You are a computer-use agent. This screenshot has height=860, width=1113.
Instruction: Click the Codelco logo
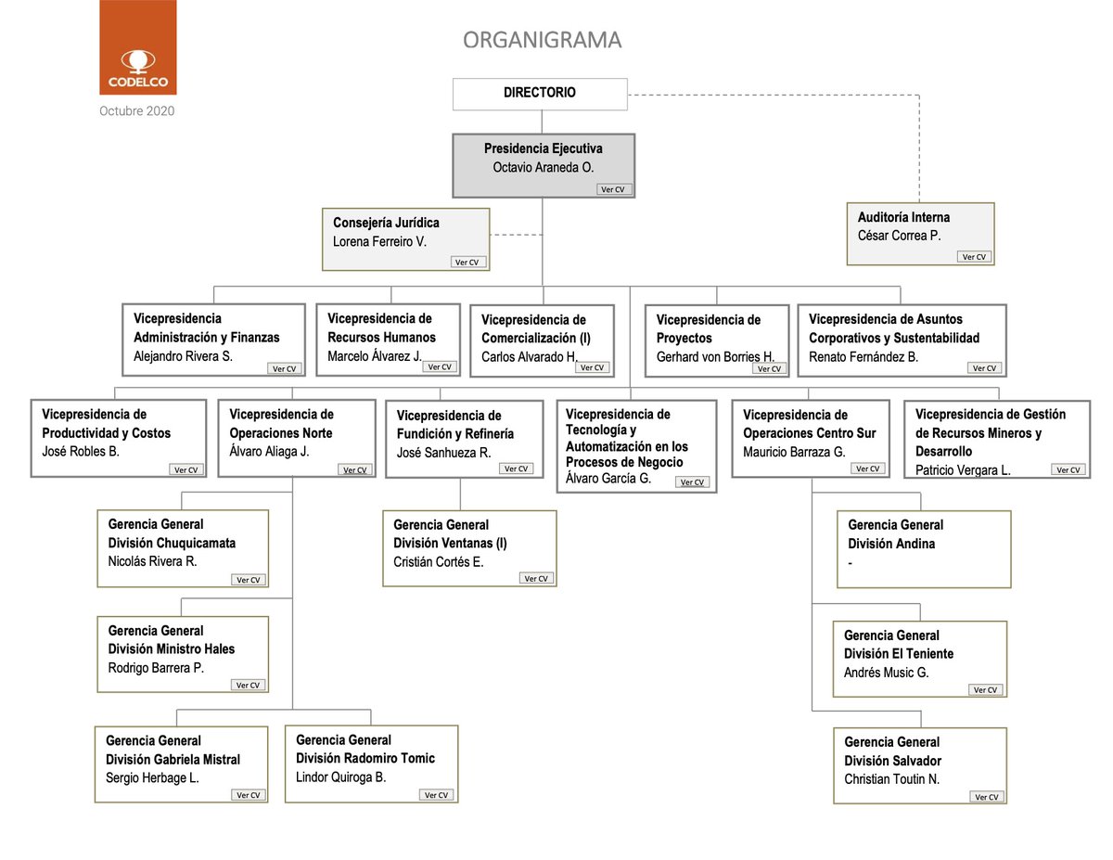pyautogui.click(x=138, y=47)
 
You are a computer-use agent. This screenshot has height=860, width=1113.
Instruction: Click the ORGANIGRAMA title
pyautogui.click(x=542, y=40)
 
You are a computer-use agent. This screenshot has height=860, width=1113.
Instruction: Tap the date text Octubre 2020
pyautogui.click(x=136, y=111)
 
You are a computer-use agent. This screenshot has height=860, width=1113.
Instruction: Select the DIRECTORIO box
pyautogui.click(x=540, y=95)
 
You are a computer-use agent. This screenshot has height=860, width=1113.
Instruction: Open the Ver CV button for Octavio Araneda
pyautogui.click(x=614, y=189)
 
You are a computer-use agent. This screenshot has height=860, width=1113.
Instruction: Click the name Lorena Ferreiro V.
pyautogui.click(x=379, y=241)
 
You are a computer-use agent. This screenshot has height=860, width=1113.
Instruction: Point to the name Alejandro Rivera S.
pyautogui.click(x=183, y=356)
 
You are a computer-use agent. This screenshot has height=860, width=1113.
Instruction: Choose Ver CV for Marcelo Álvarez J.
pyautogui.click(x=440, y=367)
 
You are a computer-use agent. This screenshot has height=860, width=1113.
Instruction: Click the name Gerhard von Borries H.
pyautogui.click(x=715, y=357)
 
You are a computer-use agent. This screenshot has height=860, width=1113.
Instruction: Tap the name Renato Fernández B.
pyautogui.click(x=864, y=356)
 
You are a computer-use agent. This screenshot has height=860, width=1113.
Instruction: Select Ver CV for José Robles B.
pyautogui.click(x=185, y=469)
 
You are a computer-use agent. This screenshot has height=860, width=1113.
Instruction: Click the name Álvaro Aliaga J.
pyautogui.click(x=269, y=451)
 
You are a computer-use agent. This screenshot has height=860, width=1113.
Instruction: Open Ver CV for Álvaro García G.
pyautogui.click(x=692, y=482)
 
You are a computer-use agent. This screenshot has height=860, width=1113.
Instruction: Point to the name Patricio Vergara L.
pyautogui.click(x=963, y=469)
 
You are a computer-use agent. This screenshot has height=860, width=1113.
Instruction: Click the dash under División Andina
pyautogui.click(x=851, y=563)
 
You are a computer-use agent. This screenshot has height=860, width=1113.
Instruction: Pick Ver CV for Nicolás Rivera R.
pyautogui.click(x=249, y=580)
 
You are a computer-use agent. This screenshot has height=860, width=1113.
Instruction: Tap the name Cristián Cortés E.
pyautogui.click(x=438, y=562)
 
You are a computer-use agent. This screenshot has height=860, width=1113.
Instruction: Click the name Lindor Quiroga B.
pyautogui.click(x=340, y=777)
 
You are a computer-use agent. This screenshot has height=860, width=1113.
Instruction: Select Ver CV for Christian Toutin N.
pyautogui.click(x=987, y=797)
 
